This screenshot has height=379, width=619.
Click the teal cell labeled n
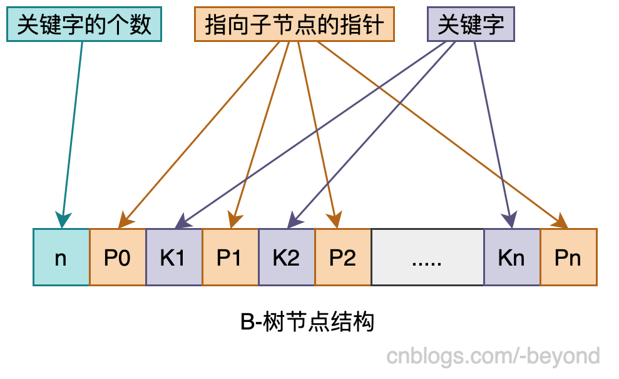point(61,257)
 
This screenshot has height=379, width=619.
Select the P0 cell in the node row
point(118,257)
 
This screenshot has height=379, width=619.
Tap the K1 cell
point(174,257)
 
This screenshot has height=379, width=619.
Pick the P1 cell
point(230,257)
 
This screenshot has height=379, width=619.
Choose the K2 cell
point(287,257)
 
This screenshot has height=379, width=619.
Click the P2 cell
point(343,257)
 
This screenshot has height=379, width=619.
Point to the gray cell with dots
point(427,257)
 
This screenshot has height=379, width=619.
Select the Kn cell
point(512,257)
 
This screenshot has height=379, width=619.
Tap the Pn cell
point(568,257)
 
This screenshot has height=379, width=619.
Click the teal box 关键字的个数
point(84,25)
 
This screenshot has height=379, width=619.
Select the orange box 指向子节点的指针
point(294,25)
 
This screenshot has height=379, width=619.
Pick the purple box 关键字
point(471,25)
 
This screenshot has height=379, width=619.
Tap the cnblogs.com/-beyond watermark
point(493,356)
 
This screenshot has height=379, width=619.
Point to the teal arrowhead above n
point(62,221)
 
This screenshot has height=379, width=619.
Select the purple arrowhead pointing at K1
point(182,221)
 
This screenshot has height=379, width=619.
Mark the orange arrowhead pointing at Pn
point(560,221)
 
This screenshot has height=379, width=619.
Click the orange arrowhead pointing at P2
point(335,221)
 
